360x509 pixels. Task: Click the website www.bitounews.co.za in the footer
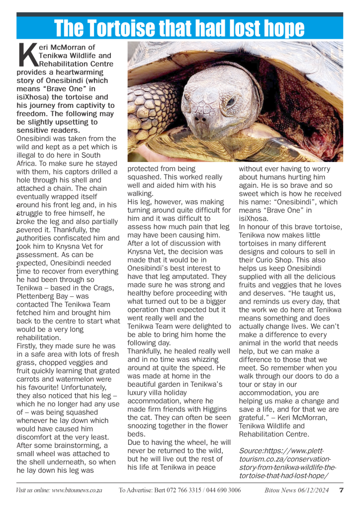click(x=77, y=490)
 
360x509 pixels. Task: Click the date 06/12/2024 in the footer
click(x=312, y=490)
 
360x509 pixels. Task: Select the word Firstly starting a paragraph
click(x=28, y=345)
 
